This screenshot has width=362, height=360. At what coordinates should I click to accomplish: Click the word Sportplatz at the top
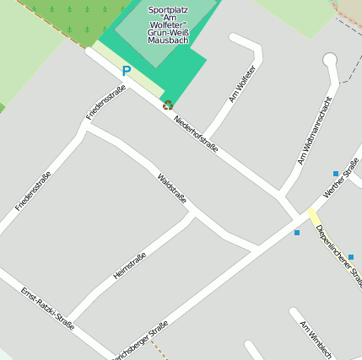pos(168,10)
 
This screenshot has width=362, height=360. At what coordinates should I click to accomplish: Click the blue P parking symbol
pos(127,72)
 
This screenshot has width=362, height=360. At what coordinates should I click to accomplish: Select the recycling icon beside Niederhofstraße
pos(168,105)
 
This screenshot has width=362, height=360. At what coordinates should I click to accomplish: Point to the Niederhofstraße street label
pos(196,133)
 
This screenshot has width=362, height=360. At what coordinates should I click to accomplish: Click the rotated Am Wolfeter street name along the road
pos(241,83)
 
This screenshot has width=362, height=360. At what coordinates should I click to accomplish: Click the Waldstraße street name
pos(172,188)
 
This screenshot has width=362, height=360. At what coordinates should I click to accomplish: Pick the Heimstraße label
pos(130,266)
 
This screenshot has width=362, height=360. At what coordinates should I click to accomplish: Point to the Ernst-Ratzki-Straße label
pos(47,311)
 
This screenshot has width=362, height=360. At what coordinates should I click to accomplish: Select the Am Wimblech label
pos(316,339)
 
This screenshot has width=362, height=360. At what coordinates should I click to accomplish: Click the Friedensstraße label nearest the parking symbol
pos(105,102)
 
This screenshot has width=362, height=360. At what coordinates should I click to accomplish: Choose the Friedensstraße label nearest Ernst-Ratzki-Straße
pos(33,191)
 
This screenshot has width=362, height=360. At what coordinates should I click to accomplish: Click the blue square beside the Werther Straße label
pos(336,174)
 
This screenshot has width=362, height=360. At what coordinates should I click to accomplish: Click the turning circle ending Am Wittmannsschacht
pos(329,60)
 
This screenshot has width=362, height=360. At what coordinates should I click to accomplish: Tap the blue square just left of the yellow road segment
pos(297,233)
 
